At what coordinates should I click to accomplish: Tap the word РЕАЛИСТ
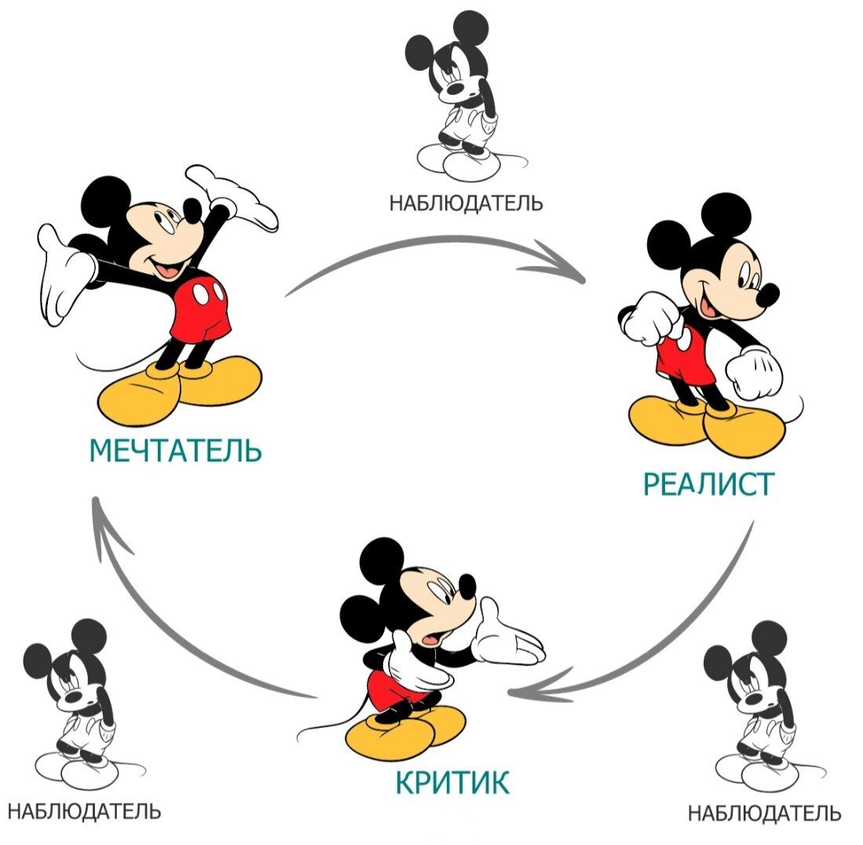[708, 484]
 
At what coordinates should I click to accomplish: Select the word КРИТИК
[452, 782]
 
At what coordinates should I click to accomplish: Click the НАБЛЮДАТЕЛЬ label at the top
[466, 203]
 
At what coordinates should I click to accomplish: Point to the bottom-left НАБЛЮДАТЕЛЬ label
[83, 810]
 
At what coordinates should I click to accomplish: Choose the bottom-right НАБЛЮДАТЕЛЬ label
[764, 813]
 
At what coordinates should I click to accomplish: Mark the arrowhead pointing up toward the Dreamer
[101, 518]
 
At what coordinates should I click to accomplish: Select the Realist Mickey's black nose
[767, 295]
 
